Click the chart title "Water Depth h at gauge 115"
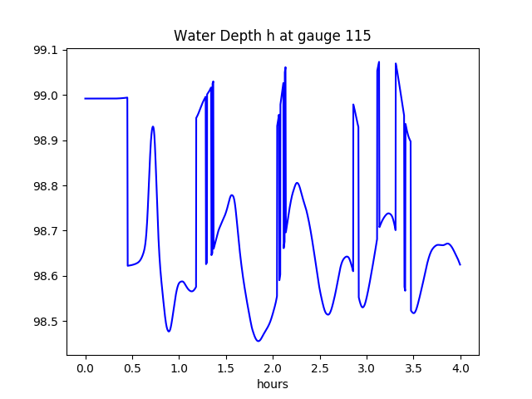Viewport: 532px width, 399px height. pos(272,36)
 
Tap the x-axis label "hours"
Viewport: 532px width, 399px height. pos(272,384)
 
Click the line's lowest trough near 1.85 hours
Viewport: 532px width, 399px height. pos(259,341)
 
